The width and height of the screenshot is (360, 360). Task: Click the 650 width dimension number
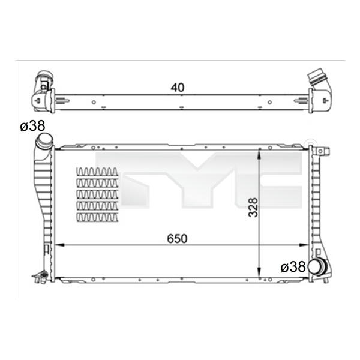(177, 239)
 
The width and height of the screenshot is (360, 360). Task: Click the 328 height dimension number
(253, 208)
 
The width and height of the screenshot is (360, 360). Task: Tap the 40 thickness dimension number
(178, 88)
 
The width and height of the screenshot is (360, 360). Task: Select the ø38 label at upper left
(32, 126)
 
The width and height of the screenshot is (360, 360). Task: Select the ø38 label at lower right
(293, 267)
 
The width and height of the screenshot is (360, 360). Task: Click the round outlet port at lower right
(316, 266)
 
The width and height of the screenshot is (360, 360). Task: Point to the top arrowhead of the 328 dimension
(259, 154)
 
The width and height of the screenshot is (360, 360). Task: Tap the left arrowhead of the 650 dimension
(60, 245)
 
